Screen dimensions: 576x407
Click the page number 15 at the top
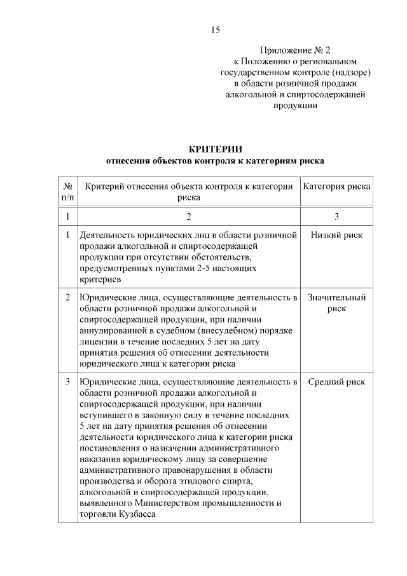pos(216,30)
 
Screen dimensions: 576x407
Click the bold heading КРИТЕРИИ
pos(216,149)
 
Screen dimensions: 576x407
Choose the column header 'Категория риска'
pos(336,186)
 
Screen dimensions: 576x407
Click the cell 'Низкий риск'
pos(336,235)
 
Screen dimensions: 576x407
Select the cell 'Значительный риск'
pos(336,302)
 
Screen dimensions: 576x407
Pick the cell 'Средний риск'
pos(336,382)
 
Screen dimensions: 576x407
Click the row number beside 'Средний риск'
pos(67,382)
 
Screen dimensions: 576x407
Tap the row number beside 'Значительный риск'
pos(67,297)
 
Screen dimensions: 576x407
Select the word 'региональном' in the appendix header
pos(331,61)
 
